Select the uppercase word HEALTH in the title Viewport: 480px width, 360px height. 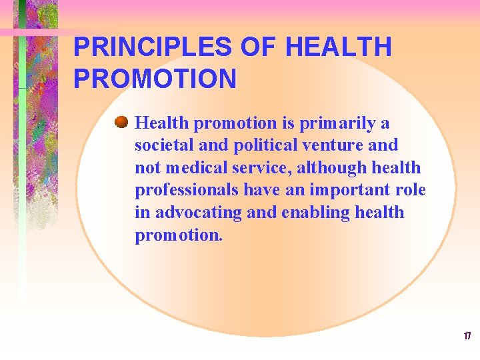click(x=338, y=47)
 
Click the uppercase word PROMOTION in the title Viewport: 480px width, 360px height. click(x=155, y=79)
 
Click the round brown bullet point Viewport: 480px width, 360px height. click(x=121, y=123)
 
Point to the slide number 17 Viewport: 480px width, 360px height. click(x=467, y=336)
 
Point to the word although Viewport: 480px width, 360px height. click(x=327, y=168)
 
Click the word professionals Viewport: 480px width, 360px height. click(x=187, y=190)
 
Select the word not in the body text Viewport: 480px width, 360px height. click(x=146, y=168)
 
